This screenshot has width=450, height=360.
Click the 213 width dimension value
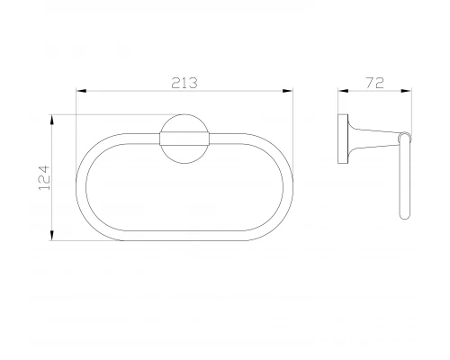[x=184, y=83]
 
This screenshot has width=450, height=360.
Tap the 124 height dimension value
[x=44, y=177]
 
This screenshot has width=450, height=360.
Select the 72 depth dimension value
[x=374, y=83]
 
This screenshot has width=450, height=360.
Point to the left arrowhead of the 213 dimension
[x=81, y=91]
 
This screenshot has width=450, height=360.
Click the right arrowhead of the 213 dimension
[x=288, y=91]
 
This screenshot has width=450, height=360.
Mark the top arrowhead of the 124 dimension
[x=52, y=120]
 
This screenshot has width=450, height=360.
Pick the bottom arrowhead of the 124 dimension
[x=52, y=235]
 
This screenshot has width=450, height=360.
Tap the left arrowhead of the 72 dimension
[x=343, y=91]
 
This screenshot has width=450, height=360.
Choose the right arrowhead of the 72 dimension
[x=407, y=91]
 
